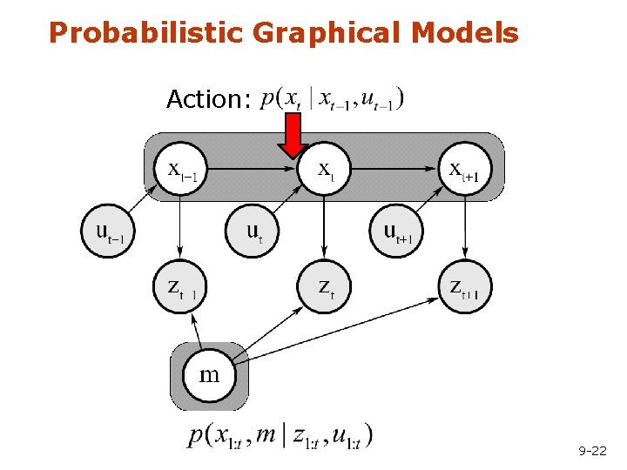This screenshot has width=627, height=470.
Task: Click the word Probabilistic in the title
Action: tap(148, 33)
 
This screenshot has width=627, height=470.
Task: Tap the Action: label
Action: tap(208, 99)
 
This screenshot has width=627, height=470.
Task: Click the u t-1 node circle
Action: tap(109, 231)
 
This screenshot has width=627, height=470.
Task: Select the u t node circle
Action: tap(253, 231)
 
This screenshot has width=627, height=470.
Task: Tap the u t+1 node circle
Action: tap(399, 231)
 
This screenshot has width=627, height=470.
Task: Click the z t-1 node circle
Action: tap(180, 286)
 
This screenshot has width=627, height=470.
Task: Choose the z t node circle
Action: tap(324, 286)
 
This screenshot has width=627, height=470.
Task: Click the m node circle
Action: tap(209, 375)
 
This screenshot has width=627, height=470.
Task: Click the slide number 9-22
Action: tap(592, 450)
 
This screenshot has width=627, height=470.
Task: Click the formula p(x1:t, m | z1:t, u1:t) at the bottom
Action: tap(280, 435)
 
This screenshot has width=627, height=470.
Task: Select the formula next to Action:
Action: tap(332, 98)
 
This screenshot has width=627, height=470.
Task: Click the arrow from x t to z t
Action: tap(324, 226)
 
